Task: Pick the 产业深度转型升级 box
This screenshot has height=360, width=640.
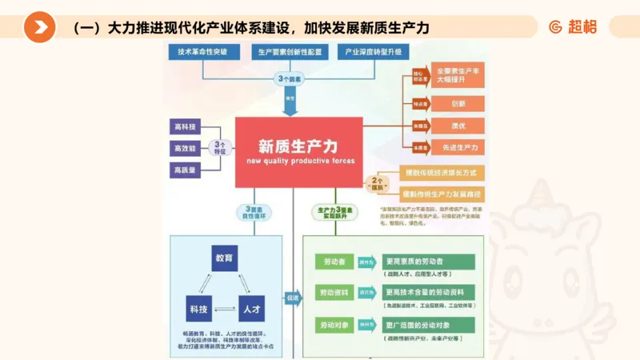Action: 373,52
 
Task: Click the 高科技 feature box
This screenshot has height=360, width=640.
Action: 186,127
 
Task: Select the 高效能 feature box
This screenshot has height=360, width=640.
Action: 186,149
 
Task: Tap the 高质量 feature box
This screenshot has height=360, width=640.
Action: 186,170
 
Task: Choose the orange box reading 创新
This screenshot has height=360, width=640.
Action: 458,104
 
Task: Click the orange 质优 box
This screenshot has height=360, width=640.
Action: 458,126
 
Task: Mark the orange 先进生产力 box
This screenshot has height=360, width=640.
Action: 458,147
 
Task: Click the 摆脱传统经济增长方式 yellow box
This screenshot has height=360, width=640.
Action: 442,173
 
